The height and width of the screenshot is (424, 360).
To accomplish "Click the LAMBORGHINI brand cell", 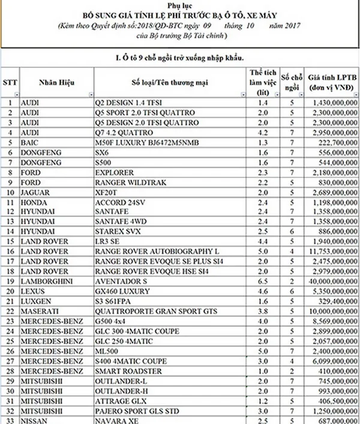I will click(x=46, y=281).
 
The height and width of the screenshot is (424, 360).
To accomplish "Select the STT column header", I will click(x=10, y=81).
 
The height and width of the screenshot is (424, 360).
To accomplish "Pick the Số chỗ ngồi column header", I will click(x=292, y=82).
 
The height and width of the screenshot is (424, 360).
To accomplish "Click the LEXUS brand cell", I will click(x=34, y=290).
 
